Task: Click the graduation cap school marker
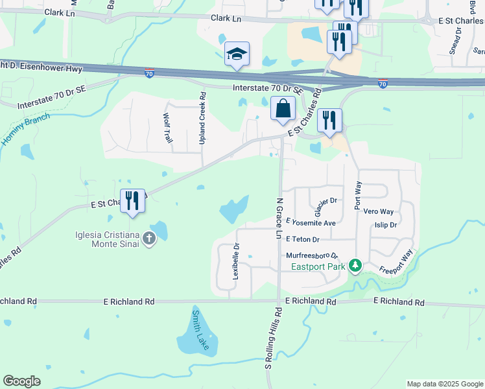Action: point(237,54)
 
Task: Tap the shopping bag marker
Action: point(283,109)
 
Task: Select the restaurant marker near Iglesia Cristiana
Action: point(132,200)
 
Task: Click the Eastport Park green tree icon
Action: point(355,265)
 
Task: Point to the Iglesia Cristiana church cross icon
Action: point(149,238)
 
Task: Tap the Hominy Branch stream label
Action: point(25,128)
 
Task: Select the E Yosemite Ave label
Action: point(310,223)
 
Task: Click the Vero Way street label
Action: point(379,212)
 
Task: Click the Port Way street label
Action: point(357,194)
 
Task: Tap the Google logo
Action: point(21,381)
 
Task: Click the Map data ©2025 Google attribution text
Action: point(444,384)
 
